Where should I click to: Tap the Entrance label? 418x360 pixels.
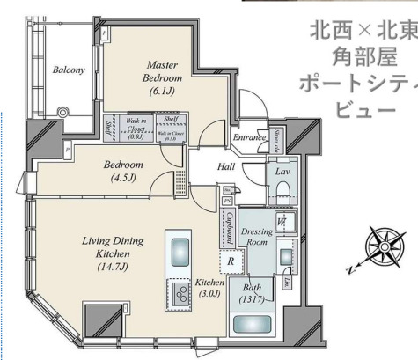(x=249, y=137)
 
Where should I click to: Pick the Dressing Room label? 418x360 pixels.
(x=258, y=235)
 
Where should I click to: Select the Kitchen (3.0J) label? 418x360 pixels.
(x=211, y=288)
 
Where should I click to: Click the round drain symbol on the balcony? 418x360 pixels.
(x=63, y=112)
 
